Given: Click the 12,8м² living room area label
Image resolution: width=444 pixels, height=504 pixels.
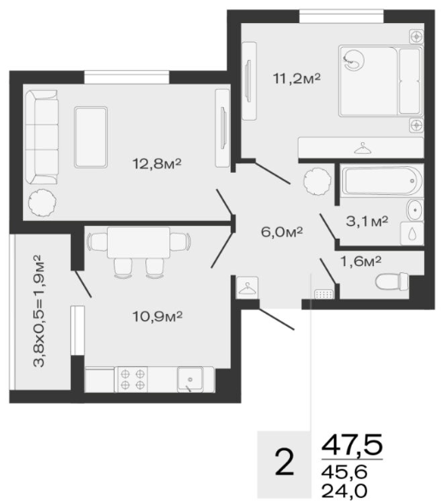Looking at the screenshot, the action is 157,164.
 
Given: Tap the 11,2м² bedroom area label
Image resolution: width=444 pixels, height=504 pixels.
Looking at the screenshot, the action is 297,78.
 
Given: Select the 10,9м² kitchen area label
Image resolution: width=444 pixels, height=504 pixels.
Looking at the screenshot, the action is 157,317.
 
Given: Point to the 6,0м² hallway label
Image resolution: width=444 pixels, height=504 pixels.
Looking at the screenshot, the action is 281,231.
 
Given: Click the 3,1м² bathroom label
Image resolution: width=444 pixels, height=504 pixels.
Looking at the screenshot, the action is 367,221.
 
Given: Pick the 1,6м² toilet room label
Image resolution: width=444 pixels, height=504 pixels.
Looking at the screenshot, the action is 360,262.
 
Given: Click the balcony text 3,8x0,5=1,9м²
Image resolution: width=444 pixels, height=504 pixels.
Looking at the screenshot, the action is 38,311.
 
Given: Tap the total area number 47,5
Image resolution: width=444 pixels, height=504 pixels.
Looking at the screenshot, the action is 352,445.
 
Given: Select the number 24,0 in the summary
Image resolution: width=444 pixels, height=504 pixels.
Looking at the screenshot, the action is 344,490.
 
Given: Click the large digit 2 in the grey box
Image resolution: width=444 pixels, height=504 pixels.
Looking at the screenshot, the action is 284,462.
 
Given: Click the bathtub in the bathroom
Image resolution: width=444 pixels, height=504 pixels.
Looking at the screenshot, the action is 381,180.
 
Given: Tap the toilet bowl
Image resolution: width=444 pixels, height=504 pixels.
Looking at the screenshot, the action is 392,282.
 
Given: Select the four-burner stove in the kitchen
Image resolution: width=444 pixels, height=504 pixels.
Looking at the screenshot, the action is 133,379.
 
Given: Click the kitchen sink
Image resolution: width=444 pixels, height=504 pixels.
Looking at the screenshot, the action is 191,380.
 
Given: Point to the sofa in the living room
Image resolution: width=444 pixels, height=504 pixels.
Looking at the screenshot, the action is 42,137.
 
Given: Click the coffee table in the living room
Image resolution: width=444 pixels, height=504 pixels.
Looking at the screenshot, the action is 91,137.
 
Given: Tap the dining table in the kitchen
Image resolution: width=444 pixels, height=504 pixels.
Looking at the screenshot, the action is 139,242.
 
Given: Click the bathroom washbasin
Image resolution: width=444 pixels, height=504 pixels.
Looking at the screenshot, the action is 416,210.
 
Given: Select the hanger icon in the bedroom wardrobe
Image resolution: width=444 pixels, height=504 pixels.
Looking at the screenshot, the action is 363,149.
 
